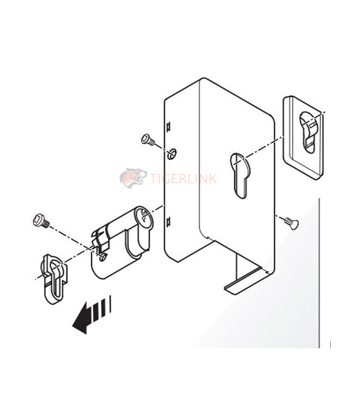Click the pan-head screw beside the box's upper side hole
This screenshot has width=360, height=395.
click(147, 140)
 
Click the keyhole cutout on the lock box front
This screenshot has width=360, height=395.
click(239, 173)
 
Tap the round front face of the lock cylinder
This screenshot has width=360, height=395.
click(144, 217)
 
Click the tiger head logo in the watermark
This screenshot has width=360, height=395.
click(133, 178)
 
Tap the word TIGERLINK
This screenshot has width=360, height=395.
click(182, 177)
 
